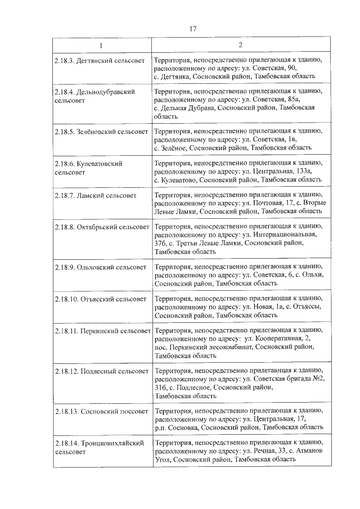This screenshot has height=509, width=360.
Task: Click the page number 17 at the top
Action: pos(192,29)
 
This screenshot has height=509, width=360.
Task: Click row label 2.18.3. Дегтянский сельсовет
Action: pos(100,59)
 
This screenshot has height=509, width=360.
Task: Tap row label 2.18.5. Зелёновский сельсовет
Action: pos(102,131)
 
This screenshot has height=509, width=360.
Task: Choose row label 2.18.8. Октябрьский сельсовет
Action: pos(102,227)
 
